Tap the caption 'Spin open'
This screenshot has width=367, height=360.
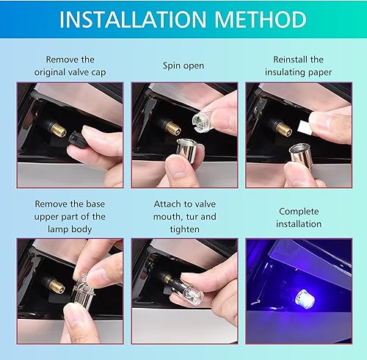(x=184, y=65)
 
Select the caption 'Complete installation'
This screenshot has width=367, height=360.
(x=299, y=217)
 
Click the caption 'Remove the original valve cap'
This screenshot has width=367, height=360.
(x=70, y=65)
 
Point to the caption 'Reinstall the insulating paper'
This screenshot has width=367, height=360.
(x=299, y=65)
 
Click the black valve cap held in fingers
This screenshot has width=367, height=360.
(x=76, y=136)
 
